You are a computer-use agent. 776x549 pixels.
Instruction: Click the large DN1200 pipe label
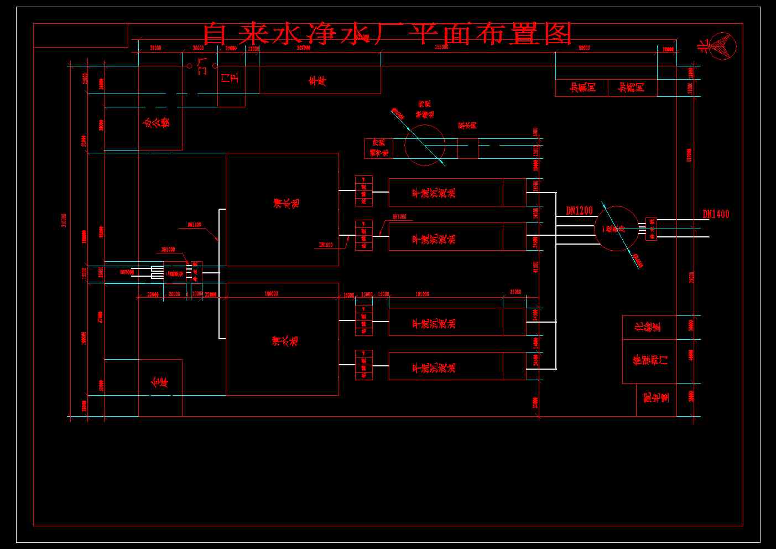click(579, 210)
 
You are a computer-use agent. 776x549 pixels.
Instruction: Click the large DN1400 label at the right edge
click(716, 214)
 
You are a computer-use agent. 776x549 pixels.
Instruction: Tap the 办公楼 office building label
click(157, 121)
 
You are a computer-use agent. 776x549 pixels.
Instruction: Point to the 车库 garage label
click(317, 81)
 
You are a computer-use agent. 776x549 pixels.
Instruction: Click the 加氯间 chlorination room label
click(583, 87)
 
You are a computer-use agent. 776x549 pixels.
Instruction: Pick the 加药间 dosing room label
click(632, 87)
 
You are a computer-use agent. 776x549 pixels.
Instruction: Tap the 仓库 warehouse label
click(159, 382)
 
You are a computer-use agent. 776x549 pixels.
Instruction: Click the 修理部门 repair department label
click(650, 360)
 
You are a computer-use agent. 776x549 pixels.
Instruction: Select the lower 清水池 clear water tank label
click(286, 340)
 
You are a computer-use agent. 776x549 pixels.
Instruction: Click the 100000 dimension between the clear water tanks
click(271, 294)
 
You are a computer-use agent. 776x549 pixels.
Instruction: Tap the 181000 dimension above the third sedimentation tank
click(422, 294)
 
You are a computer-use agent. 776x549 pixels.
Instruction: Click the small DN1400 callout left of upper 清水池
click(194, 225)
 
